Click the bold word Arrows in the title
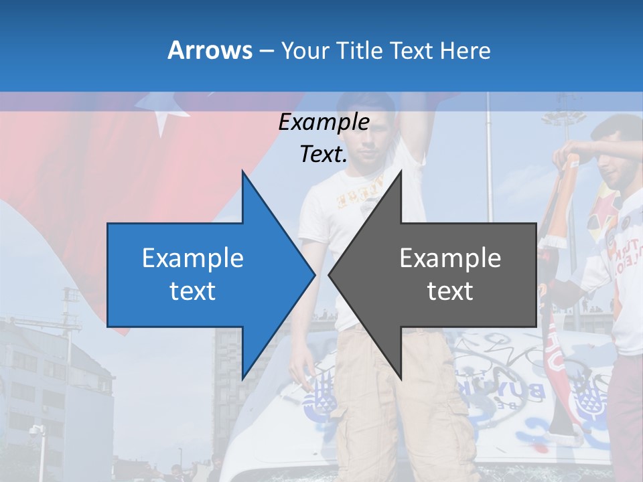click(x=210, y=50)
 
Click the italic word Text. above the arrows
click(x=324, y=154)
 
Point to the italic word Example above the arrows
click(x=324, y=123)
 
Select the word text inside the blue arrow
click(x=192, y=291)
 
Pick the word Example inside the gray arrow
click(x=450, y=258)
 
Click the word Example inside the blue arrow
click(x=192, y=258)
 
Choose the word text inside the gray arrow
click(x=450, y=291)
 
